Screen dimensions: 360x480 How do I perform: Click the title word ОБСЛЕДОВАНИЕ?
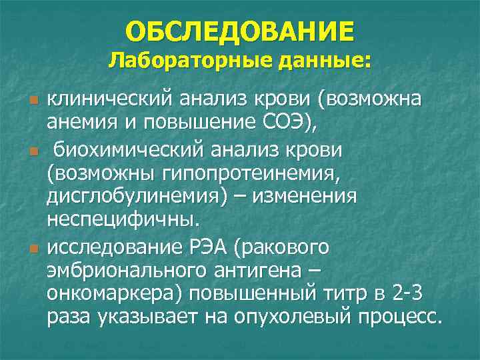(x=239, y=31)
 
